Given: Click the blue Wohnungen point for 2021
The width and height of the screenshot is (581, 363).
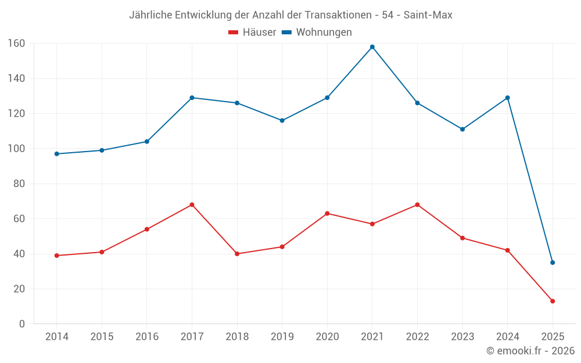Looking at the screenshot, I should [x=372, y=47].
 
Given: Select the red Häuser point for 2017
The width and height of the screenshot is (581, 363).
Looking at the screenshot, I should [x=192, y=204].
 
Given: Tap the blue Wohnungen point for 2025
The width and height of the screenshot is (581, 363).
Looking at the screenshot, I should [x=553, y=263].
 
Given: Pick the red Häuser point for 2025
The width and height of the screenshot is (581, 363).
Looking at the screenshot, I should [x=553, y=301].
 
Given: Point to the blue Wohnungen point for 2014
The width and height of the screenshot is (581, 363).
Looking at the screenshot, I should [x=56, y=154].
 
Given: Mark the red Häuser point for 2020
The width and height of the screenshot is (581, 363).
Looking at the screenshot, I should [x=327, y=213].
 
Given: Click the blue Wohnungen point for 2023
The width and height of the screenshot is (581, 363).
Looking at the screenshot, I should [x=462, y=129].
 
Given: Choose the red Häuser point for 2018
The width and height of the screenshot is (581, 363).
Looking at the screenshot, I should [x=237, y=254].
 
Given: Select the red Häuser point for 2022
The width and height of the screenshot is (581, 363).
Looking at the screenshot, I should [x=417, y=204].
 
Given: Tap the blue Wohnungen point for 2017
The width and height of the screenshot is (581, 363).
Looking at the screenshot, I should [x=192, y=98].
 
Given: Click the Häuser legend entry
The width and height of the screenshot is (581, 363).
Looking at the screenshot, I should [x=252, y=33].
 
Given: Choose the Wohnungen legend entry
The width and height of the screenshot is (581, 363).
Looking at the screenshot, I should [x=317, y=33].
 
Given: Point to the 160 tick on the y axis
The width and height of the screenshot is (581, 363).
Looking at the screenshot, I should [x=16, y=43].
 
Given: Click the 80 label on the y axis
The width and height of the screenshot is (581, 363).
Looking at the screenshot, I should [x=19, y=184].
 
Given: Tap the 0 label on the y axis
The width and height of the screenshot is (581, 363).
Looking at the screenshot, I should [x=21, y=324].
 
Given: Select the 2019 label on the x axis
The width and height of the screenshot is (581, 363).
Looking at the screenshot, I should [x=282, y=337].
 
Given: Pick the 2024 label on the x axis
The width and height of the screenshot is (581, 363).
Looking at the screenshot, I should [x=507, y=337].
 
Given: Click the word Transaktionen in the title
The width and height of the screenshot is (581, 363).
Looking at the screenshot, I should [x=335, y=15].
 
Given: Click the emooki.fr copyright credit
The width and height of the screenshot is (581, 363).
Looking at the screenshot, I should [x=530, y=351].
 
